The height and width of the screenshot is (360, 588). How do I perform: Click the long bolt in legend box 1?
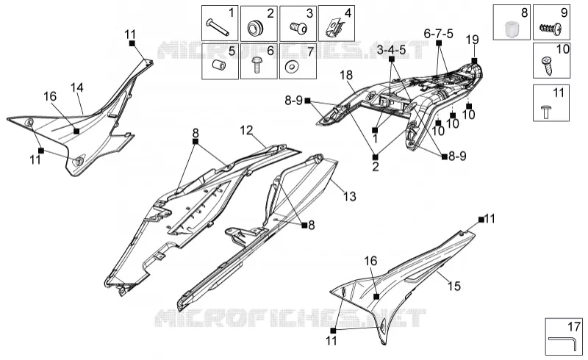(x=218, y=27)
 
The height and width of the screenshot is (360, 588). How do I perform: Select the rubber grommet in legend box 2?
(x=256, y=28)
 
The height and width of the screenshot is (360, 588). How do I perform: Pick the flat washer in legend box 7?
(x=291, y=67)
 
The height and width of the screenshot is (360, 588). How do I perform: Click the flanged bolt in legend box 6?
(x=257, y=65)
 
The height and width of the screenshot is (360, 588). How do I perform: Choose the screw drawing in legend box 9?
(x=550, y=28)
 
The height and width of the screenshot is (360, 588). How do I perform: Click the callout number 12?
(x=246, y=131)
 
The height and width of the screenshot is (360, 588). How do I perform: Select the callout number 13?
(x=350, y=196)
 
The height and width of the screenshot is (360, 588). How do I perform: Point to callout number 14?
(x=77, y=87)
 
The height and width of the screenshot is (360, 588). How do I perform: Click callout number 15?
(x=454, y=286)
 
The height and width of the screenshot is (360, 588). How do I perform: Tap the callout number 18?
(x=346, y=75)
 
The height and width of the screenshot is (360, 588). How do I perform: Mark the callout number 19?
(x=473, y=40)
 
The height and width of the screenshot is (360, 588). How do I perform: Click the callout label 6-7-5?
(x=438, y=34)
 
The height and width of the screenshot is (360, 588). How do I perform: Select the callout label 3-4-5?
(x=391, y=50)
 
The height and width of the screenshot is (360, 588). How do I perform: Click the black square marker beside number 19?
(x=474, y=60)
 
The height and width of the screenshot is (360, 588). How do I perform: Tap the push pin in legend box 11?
(x=546, y=112)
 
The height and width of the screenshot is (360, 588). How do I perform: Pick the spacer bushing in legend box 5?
(x=219, y=65)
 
